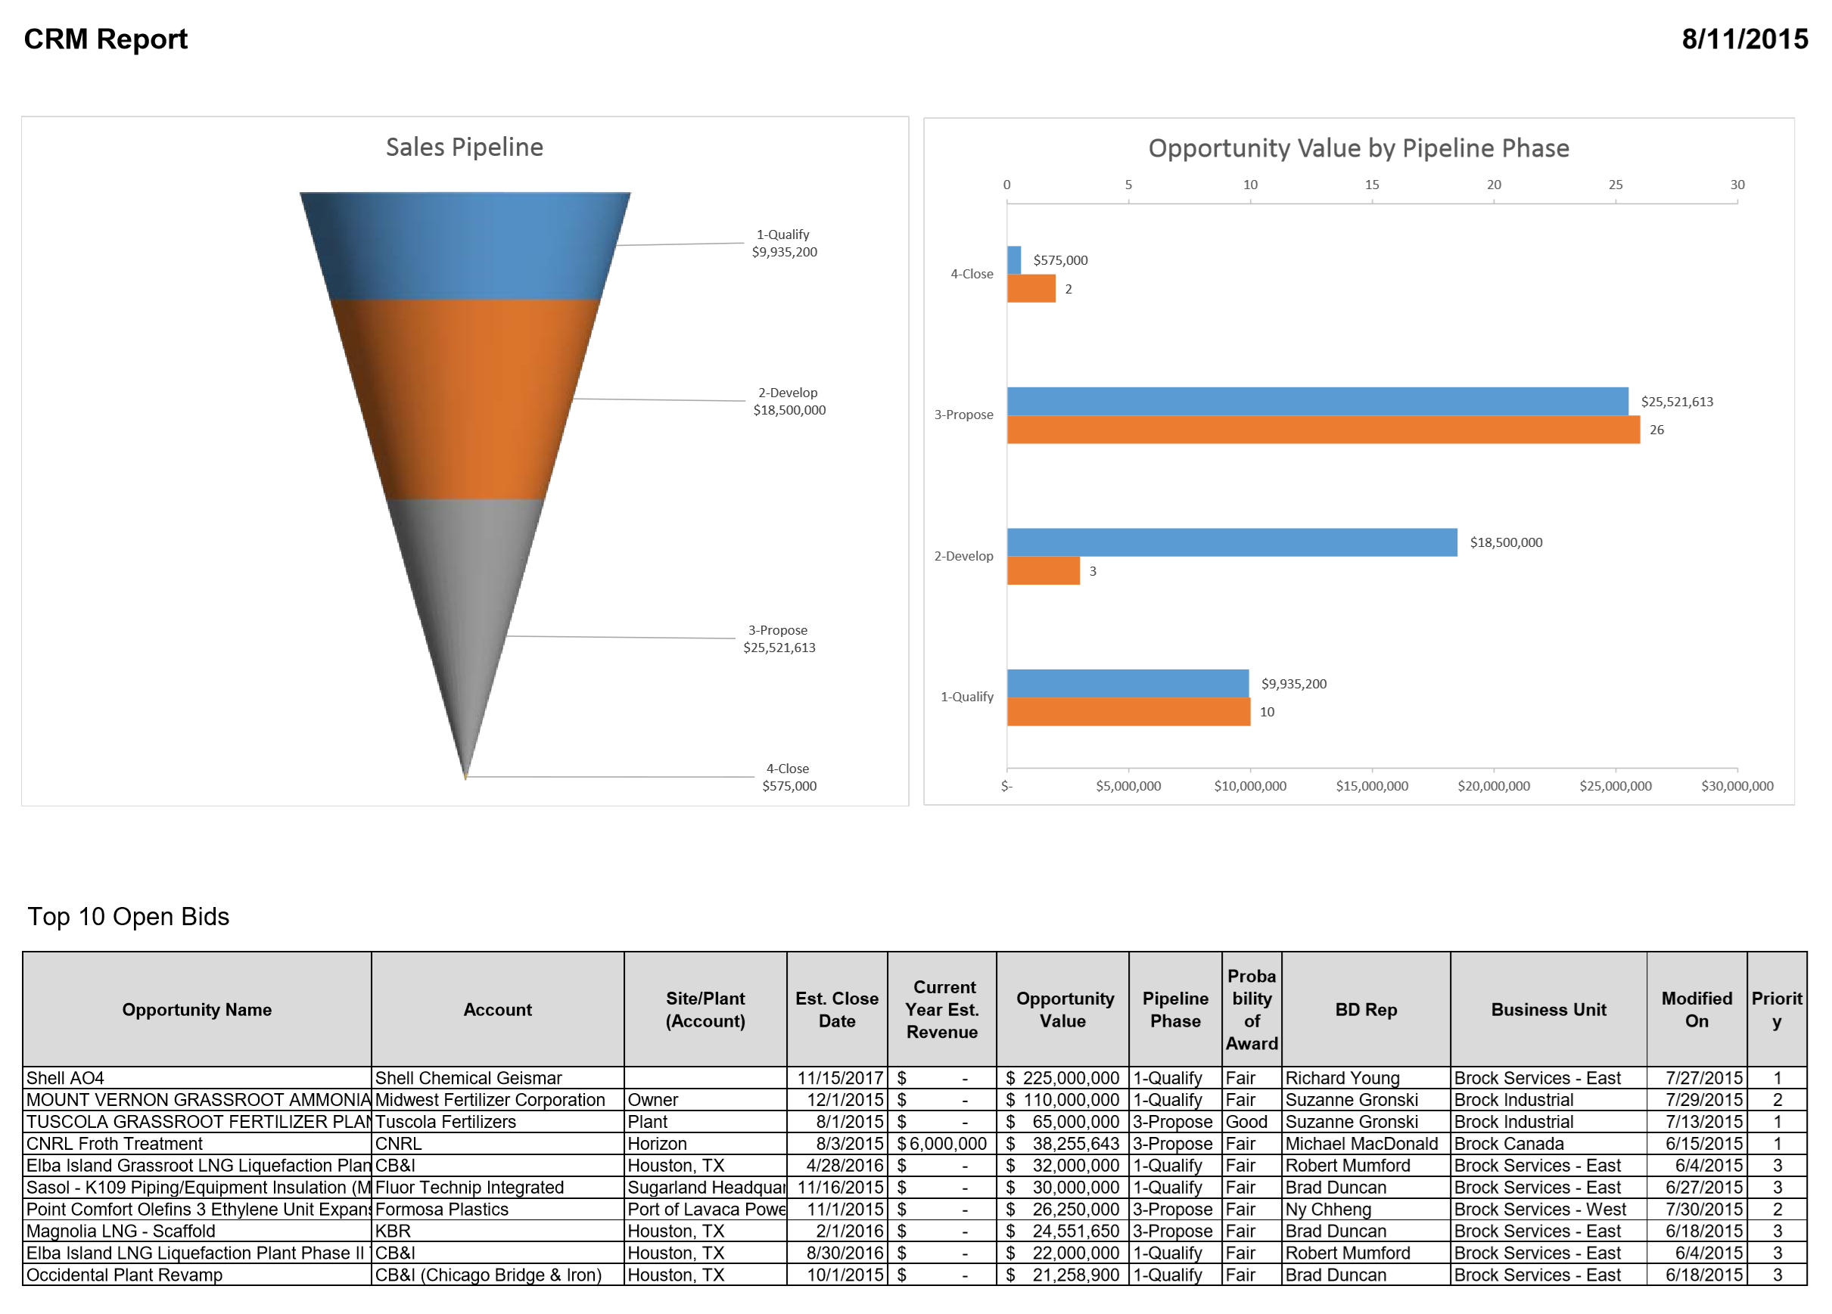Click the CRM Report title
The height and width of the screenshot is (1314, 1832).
click(105, 39)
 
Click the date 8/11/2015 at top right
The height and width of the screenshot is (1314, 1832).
click(1744, 39)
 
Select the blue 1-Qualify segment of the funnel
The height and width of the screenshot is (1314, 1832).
click(465, 247)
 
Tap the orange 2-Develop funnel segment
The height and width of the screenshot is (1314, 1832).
click(465, 399)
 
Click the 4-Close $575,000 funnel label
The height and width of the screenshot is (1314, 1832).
click(788, 777)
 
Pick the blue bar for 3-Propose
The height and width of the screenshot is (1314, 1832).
click(1317, 402)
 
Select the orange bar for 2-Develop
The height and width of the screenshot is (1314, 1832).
click(1043, 571)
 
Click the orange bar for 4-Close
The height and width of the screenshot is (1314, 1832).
click(1031, 288)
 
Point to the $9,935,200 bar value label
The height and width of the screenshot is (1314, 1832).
click(1293, 684)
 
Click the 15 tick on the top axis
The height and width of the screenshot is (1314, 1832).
click(1372, 185)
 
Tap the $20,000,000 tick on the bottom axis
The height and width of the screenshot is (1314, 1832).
click(1493, 786)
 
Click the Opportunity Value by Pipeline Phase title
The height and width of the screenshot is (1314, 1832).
click(1358, 148)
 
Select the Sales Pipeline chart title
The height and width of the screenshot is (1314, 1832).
click(465, 147)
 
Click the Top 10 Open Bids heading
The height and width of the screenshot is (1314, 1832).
click(129, 917)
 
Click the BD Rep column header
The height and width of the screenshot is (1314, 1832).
click(1365, 1010)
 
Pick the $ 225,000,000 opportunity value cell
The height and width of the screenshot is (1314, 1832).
click(1062, 1078)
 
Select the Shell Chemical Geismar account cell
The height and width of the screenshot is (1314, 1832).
click(468, 1078)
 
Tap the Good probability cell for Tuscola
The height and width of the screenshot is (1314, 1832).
click(1246, 1122)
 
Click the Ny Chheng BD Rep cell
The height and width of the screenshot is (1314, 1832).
click(1328, 1209)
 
